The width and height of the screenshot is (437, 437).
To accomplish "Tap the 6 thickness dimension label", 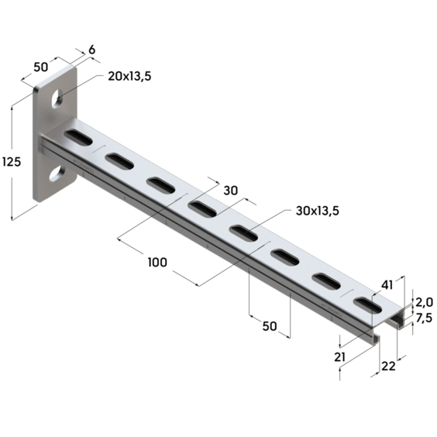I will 93,50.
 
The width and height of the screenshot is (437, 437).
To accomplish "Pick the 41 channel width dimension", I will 387,285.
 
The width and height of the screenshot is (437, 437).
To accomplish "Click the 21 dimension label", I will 338,356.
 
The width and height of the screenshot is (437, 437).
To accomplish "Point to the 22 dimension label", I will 387,366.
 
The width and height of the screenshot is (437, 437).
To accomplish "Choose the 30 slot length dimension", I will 230,191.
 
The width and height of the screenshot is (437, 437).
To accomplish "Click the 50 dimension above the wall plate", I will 40,67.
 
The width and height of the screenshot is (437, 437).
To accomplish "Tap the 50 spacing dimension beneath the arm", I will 269,326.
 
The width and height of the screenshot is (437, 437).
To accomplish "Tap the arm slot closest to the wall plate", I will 77,138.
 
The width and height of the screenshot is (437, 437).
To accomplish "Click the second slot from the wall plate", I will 119,161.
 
